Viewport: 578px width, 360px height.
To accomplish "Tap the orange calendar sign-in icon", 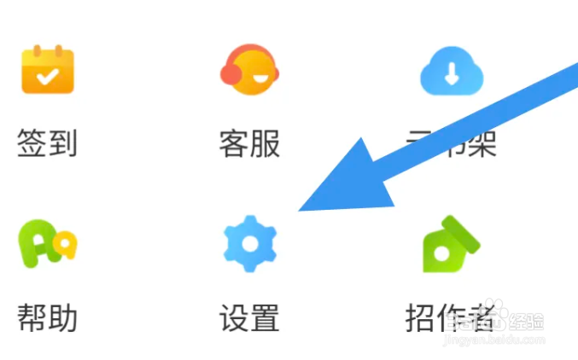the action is click(x=48, y=70).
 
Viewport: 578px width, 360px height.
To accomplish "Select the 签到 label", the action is click(x=48, y=143).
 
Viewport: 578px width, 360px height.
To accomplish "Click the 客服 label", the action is click(x=249, y=143).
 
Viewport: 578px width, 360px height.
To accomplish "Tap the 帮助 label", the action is click(x=48, y=317).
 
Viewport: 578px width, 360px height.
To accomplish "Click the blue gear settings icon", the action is click(x=249, y=244).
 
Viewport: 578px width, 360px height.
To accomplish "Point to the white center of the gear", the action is click(x=249, y=244).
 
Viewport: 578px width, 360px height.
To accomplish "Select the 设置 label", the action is click(x=249, y=317).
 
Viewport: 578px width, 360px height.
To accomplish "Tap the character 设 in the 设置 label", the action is click(x=234, y=317).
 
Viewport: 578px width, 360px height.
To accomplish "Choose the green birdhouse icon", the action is click(x=451, y=243).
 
